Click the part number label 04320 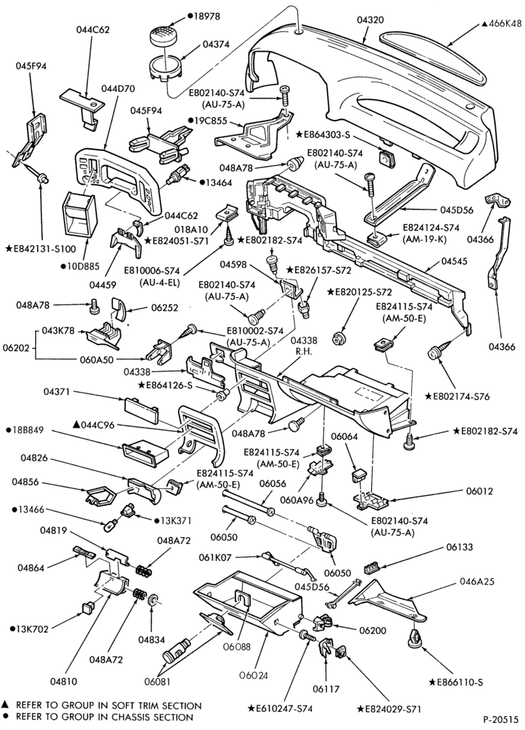point(370,20)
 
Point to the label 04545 point(454,261)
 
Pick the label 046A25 point(477,582)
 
